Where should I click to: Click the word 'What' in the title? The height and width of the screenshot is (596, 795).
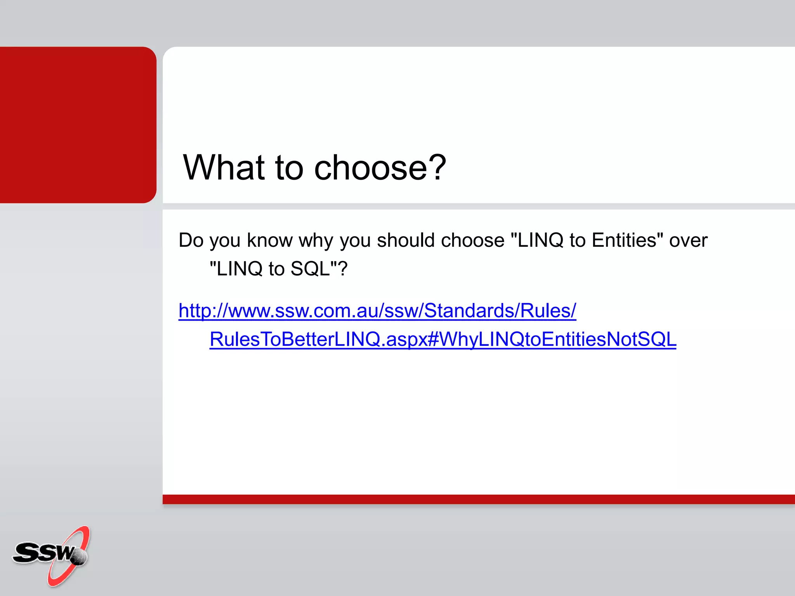[224, 168]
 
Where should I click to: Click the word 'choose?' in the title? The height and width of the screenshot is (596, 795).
[380, 168]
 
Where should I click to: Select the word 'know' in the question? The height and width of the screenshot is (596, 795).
[269, 240]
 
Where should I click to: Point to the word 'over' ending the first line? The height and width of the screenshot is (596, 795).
[688, 240]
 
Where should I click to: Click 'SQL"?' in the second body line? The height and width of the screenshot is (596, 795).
[319, 269]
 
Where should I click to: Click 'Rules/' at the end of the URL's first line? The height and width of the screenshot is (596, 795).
[548, 311]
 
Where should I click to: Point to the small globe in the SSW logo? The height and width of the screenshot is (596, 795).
[79, 557]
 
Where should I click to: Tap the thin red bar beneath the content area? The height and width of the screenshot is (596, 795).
[477, 499]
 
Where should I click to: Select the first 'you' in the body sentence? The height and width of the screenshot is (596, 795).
[225, 240]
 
